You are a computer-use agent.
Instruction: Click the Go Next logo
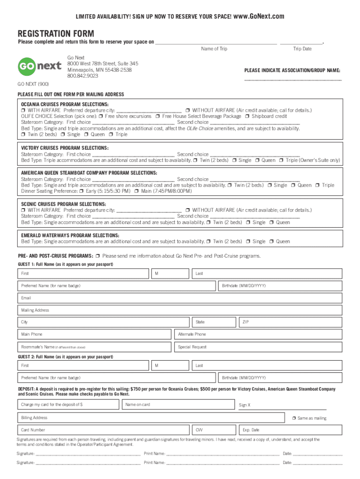(40, 66)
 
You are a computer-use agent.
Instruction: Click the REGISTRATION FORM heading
(56, 34)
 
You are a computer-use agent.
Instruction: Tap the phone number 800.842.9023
(82, 76)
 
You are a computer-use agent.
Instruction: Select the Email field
(180, 298)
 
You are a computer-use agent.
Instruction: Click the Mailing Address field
(180, 310)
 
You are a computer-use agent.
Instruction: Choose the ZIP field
(290, 322)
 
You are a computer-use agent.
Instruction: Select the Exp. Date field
(290, 430)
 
